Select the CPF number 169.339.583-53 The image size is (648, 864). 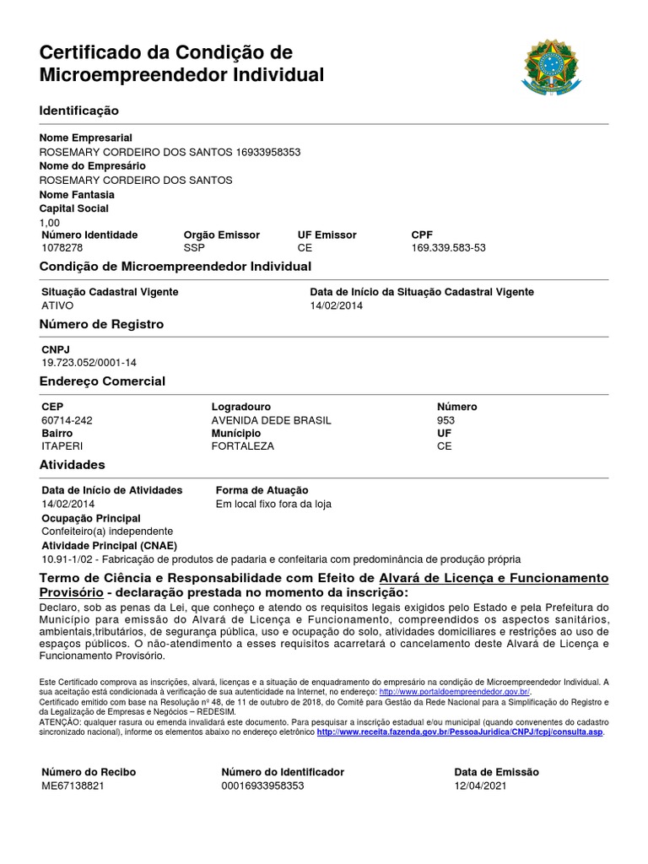448,248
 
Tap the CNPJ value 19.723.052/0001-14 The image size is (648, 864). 89,363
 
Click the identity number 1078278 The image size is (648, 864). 62,248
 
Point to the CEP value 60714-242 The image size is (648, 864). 67,420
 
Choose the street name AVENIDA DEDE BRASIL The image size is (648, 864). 271,420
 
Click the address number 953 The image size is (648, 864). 445,420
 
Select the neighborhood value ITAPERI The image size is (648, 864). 62,446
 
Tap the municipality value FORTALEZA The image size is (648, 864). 242,446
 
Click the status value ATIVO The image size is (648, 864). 57,305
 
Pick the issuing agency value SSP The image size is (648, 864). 194,248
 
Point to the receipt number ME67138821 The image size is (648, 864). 73,786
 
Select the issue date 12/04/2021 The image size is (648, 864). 481,786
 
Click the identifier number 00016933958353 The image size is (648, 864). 262,786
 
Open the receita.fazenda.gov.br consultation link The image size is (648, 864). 460,732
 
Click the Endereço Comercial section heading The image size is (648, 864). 102,381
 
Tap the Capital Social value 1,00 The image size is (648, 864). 51,222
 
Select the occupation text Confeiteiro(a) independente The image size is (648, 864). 107,532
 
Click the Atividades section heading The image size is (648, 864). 73,465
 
